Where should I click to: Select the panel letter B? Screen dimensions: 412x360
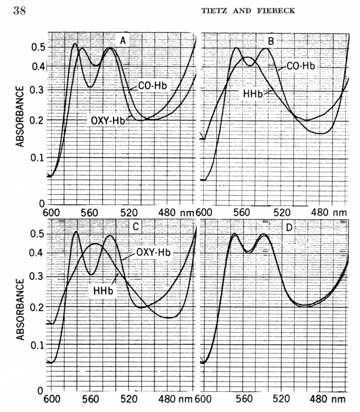(x=271, y=40)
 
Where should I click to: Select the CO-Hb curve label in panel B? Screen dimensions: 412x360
(x=300, y=66)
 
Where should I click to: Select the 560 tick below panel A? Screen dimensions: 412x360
(x=91, y=213)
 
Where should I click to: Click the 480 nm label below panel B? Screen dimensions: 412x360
(x=327, y=213)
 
